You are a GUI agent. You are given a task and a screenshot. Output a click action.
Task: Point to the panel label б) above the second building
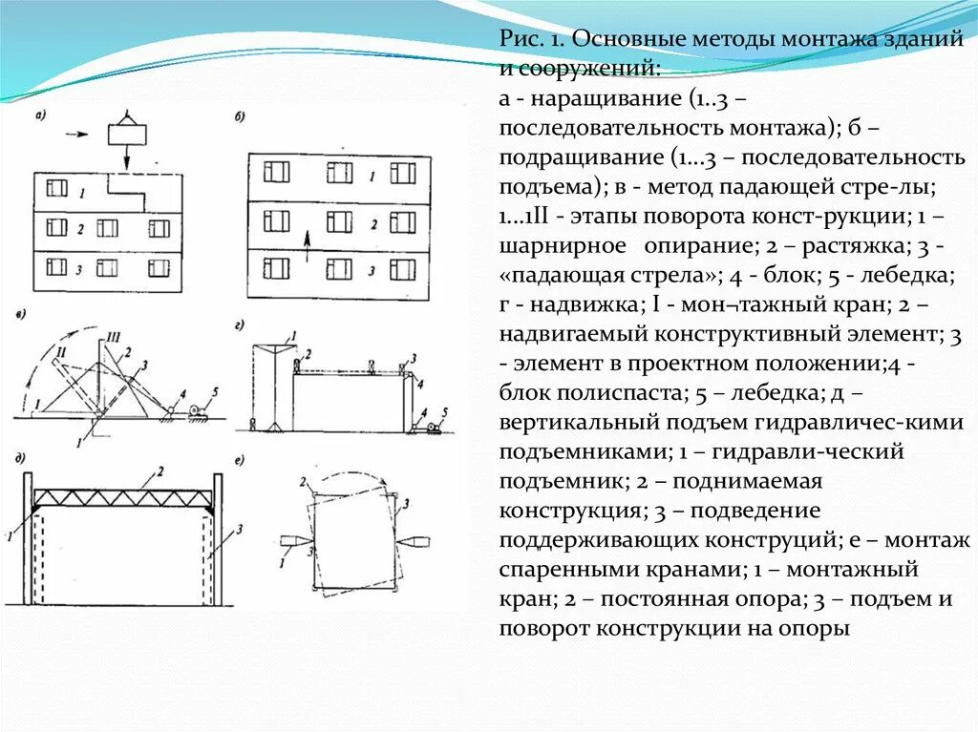(x=240, y=117)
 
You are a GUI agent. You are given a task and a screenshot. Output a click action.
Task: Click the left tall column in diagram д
(x=29, y=539)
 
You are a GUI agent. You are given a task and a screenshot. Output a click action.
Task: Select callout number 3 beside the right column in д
(x=240, y=527)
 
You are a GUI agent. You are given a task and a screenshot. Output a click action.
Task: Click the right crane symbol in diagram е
(x=417, y=543)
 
